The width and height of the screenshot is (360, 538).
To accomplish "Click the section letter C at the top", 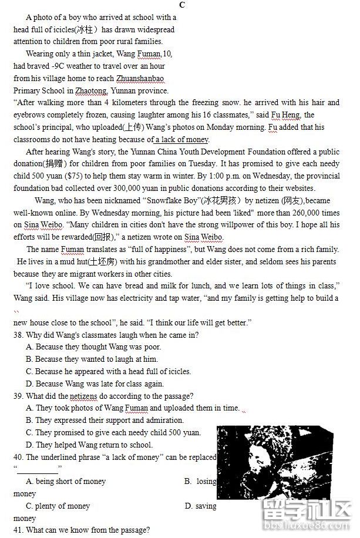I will pos(182,5).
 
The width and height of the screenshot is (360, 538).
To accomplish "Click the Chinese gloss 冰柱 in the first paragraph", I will pos(85,29).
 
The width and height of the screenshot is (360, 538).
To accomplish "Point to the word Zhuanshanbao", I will pos(140,79).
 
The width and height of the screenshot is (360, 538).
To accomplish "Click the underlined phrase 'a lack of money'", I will pos(181,140).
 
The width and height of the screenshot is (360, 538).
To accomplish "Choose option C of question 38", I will pos(108,371).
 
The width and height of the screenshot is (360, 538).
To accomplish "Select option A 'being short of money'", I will pos(66,481).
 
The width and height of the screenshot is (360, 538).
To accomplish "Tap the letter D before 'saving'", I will pos(188,506).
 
